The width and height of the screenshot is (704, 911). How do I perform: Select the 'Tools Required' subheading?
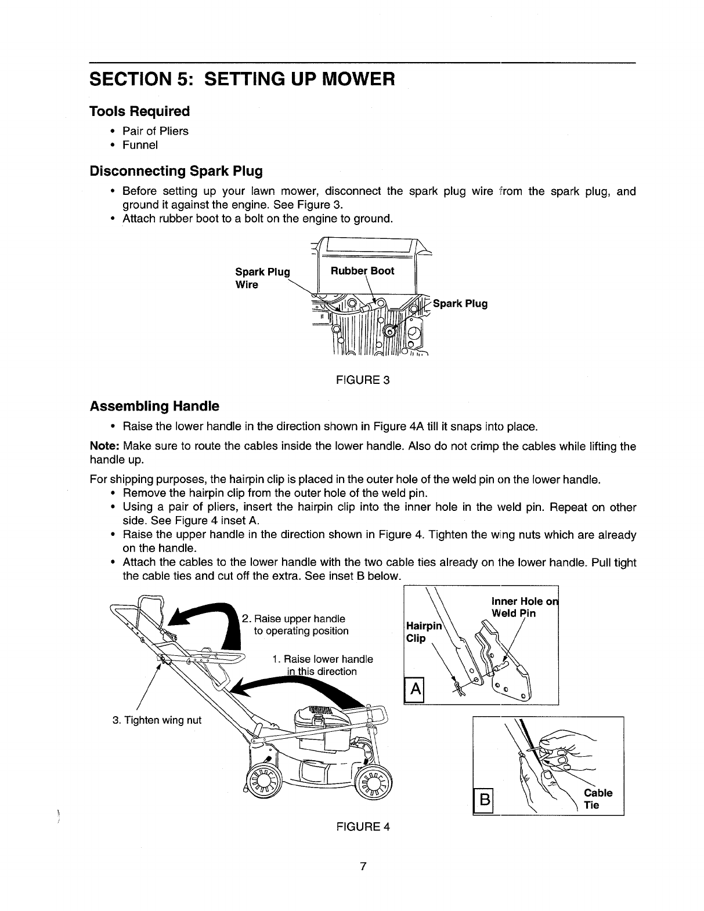[x=139, y=111]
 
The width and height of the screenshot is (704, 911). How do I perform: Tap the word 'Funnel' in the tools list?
[x=140, y=145]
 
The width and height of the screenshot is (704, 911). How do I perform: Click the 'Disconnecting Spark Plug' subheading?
[x=176, y=171]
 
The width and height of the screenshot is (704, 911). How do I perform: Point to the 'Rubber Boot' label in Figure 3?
[x=362, y=271]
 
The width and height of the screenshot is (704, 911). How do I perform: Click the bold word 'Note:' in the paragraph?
[x=104, y=447]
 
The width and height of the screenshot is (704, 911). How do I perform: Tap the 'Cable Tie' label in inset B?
[x=598, y=799]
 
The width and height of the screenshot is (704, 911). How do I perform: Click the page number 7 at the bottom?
[x=363, y=867]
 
